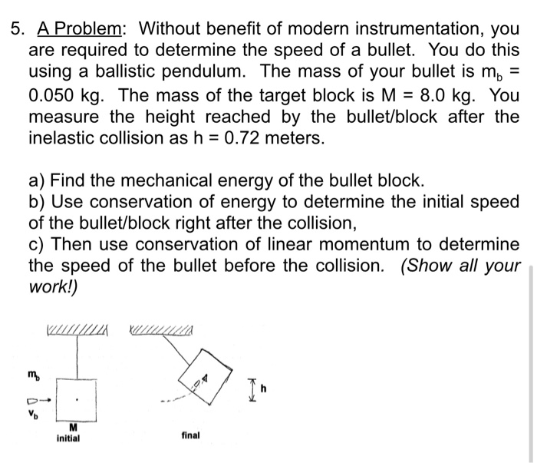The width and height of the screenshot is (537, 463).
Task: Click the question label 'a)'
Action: [x=38, y=181]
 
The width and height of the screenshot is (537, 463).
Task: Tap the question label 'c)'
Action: [x=38, y=244]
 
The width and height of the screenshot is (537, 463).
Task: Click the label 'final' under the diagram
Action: [x=191, y=435]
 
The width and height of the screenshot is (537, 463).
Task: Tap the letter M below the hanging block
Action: [x=73, y=428]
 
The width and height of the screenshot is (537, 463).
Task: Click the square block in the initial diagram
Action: [x=76, y=399]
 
